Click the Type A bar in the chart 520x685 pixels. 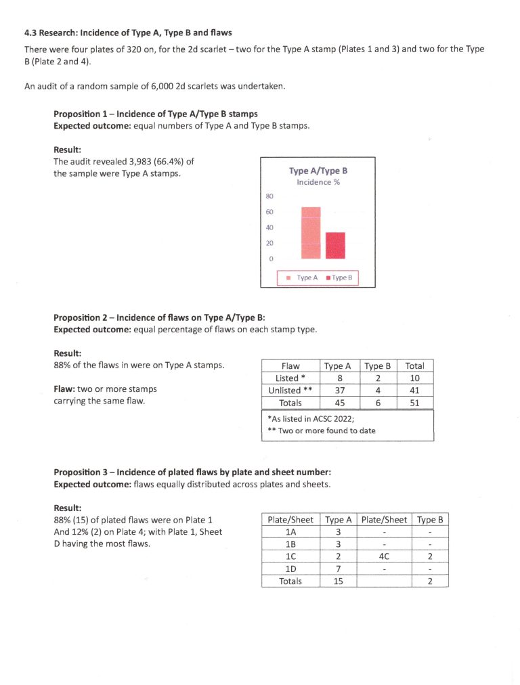pos(311,232)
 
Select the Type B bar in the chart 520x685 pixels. pos(335,245)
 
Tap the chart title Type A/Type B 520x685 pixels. pos(318,171)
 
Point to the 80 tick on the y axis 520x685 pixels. pos(269,197)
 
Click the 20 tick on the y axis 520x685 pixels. pos(269,243)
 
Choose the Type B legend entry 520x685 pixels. pos(341,278)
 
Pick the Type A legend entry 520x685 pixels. pos(305,278)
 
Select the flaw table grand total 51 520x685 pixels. pos(414,403)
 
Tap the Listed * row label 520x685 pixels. pos(291,378)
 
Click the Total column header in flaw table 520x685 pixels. pos(414,366)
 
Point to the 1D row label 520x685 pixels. pos(290,569)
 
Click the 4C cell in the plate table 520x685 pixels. pos(384,556)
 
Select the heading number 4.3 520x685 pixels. pos(30,32)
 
